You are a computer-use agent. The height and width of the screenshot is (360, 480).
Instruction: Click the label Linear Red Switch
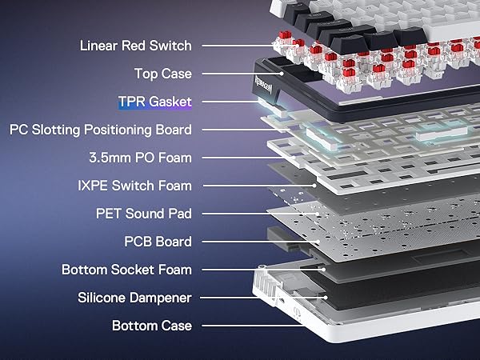coord(136,46)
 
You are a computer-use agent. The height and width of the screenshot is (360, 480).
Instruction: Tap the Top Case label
coord(163,74)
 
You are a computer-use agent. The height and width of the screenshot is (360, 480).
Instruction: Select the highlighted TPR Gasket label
coord(155,102)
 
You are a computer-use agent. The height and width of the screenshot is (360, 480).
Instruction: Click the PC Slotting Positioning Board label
coord(101,130)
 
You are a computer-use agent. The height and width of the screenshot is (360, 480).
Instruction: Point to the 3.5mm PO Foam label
coord(141,158)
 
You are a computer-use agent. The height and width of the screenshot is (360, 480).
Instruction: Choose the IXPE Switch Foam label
coord(134,186)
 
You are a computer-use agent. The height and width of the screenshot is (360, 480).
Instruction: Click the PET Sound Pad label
coord(144,214)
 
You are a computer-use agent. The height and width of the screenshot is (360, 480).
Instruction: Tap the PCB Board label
coord(158,242)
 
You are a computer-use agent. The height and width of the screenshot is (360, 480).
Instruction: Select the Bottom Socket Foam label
coord(126,270)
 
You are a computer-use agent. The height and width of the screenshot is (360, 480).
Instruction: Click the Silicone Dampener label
coord(134,298)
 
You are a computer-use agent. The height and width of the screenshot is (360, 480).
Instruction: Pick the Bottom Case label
coord(152,326)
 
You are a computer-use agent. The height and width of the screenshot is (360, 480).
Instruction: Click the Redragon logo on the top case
coord(263,85)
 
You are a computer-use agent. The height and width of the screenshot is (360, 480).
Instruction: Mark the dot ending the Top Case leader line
coord(282,74)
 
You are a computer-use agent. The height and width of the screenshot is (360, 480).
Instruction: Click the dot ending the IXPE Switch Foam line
coord(314,186)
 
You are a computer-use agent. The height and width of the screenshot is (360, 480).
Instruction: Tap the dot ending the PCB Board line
coord(318,242)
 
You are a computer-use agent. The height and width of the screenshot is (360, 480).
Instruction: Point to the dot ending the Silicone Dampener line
coord(326,298)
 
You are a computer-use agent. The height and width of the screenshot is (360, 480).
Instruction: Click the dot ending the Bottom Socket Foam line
coord(323,270)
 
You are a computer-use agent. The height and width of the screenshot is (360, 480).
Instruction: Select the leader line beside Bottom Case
coord(254,326)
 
